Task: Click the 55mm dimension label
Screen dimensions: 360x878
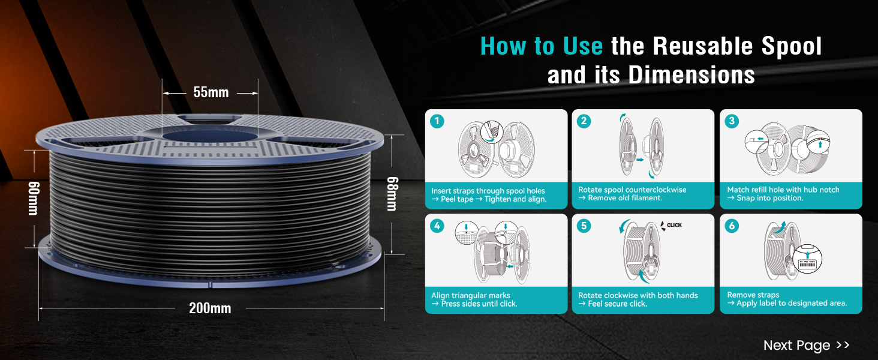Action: click(211, 92)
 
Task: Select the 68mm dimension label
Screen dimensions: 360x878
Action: click(392, 194)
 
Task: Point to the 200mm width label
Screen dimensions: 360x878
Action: click(210, 308)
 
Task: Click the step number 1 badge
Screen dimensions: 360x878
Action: click(437, 121)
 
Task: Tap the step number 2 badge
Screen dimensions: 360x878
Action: click(584, 121)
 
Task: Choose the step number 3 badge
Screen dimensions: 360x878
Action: click(732, 121)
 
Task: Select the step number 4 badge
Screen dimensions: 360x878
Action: click(437, 226)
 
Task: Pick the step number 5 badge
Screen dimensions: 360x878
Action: click(584, 226)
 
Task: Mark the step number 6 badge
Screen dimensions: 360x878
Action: click(732, 226)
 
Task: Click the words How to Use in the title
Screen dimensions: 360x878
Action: click(542, 46)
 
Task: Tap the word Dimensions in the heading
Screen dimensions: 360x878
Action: click(691, 75)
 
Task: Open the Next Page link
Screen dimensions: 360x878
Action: click(806, 345)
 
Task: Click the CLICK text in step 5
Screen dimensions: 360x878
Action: click(674, 226)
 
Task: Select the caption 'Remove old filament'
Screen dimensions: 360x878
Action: click(625, 198)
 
